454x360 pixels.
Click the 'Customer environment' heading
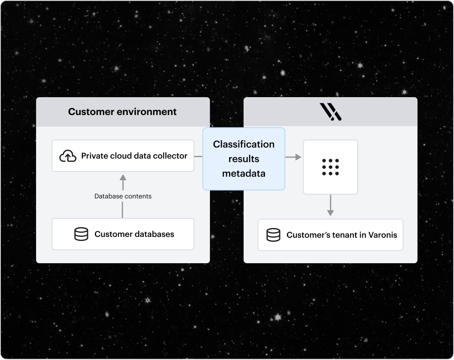(122, 112)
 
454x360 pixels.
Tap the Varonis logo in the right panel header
(330, 112)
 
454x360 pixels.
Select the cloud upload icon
(68, 156)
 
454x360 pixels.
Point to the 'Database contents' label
(123, 196)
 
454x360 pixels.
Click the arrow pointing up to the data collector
(123, 178)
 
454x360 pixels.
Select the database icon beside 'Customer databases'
(81, 234)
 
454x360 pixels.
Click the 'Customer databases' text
(134, 234)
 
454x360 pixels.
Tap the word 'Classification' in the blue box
(244, 144)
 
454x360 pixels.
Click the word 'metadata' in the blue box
(244, 173)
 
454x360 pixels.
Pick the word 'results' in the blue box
(244, 159)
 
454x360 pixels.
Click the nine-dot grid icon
(330, 167)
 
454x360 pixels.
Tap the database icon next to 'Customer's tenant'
(273, 235)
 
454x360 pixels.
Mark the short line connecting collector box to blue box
(198, 156)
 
